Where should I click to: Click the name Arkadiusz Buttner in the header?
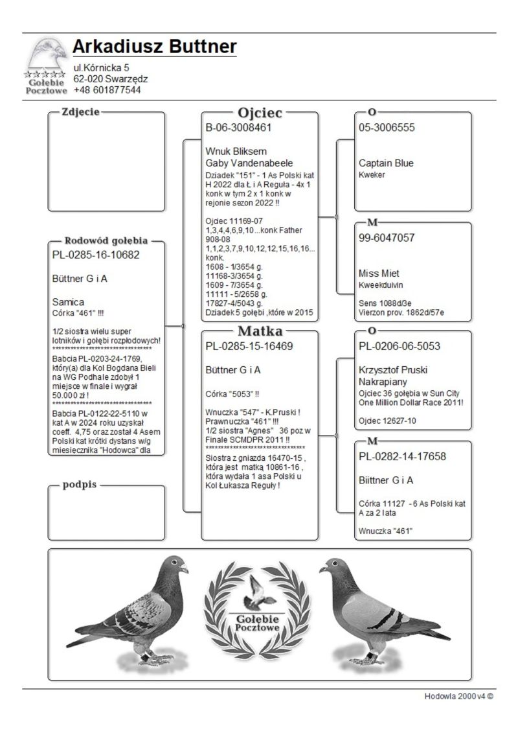(x=154, y=47)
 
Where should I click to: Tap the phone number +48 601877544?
(x=107, y=90)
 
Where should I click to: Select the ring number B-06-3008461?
(x=238, y=128)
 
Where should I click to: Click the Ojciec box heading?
(x=260, y=113)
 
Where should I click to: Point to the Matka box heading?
(x=260, y=331)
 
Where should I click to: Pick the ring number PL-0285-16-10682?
(x=96, y=255)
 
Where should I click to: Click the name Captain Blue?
(x=386, y=163)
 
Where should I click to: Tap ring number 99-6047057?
(x=387, y=238)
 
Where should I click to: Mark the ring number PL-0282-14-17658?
(x=402, y=456)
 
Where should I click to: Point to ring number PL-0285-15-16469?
(x=249, y=347)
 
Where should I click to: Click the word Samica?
(x=68, y=302)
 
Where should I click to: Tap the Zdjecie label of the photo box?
(x=80, y=112)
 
